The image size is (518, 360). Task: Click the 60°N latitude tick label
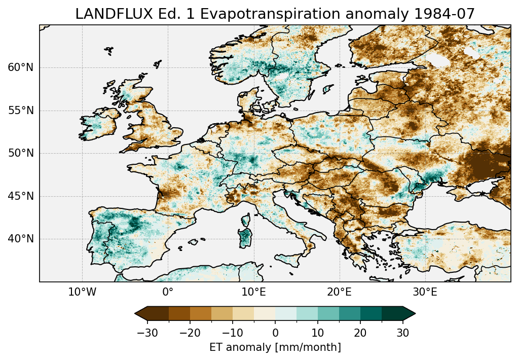pos(21,67)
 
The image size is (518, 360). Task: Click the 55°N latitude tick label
pos(21,111)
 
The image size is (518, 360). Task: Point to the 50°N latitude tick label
pos(21,153)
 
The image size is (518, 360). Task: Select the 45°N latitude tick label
pos(21,196)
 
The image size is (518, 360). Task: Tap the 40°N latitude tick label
pos(21,239)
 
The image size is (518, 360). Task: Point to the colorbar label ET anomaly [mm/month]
pos(275,347)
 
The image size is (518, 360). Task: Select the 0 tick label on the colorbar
pos(275,333)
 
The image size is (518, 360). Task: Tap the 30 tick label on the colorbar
pos(403,333)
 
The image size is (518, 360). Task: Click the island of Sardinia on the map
pos(245,236)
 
